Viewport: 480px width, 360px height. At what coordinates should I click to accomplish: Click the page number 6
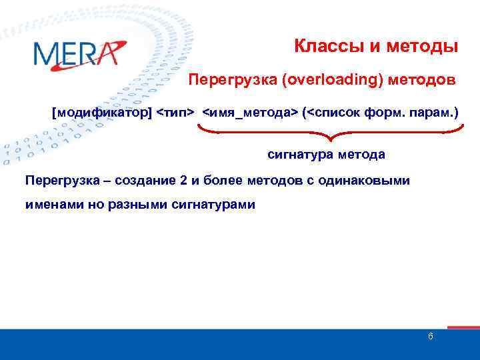coord(431,336)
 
